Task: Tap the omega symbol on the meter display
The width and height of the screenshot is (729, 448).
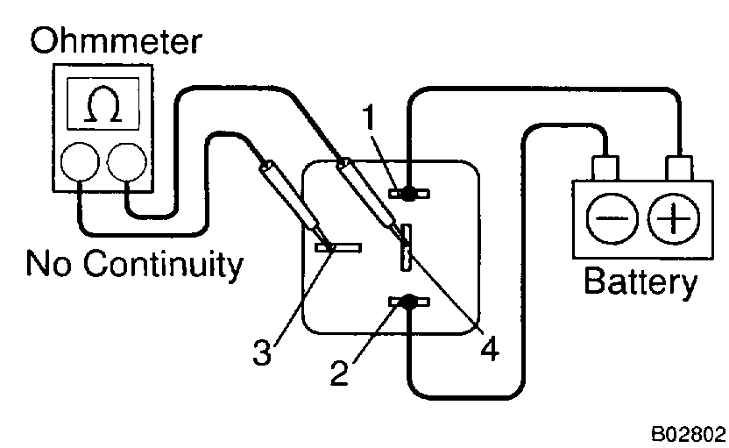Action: pyautogui.click(x=101, y=108)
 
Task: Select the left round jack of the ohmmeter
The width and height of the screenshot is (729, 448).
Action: pyautogui.click(x=78, y=161)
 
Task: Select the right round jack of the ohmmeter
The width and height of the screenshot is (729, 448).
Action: pyautogui.click(x=125, y=161)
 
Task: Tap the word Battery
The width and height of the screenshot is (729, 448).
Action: pyautogui.click(x=641, y=282)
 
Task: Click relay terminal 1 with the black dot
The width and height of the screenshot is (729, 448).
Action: pyautogui.click(x=407, y=192)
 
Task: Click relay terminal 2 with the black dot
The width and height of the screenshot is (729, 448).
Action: pyautogui.click(x=407, y=302)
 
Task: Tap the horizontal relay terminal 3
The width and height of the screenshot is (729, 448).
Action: pyautogui.click(x=338, y=248)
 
